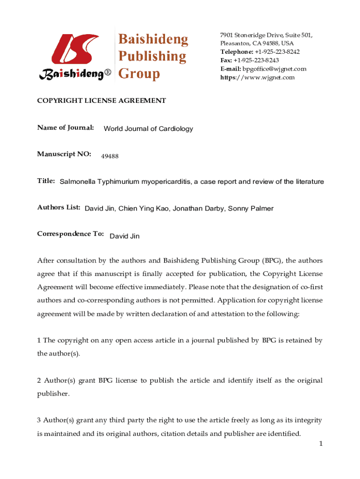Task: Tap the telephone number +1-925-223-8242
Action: [x=277, y=52]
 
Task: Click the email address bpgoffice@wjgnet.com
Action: [x=274, y=69]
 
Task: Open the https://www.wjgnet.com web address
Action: [x=258, y=77]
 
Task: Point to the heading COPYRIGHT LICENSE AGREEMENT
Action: [x=101, y=101]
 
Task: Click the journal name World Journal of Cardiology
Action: [x=148, y=129]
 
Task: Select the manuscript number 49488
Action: [x=110, y=156]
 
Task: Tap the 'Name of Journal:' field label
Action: [x=65, y=127]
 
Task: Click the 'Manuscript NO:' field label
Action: [x=64, y=154]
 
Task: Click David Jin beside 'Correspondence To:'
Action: [x=124, y=236]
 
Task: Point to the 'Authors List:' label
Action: [x=59, y=207]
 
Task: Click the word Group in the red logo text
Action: [x=139, y=73]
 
